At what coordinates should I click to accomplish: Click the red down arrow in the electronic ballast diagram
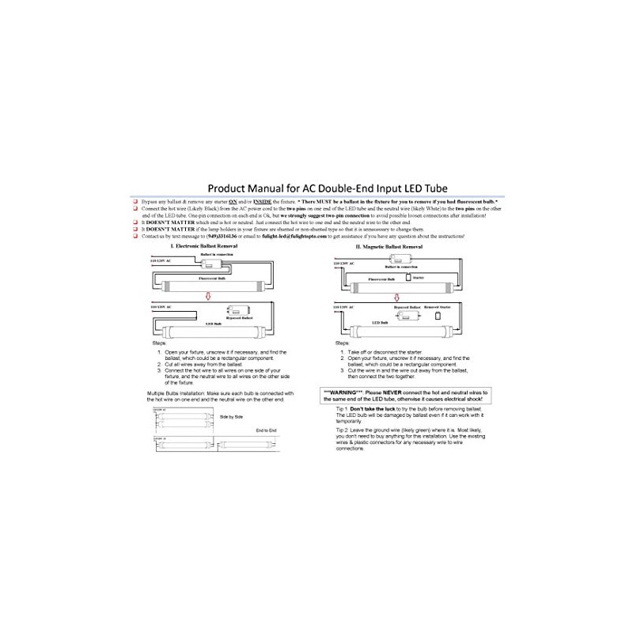[x=207, y=297]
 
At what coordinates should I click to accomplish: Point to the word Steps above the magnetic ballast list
[x=342, y=343]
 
